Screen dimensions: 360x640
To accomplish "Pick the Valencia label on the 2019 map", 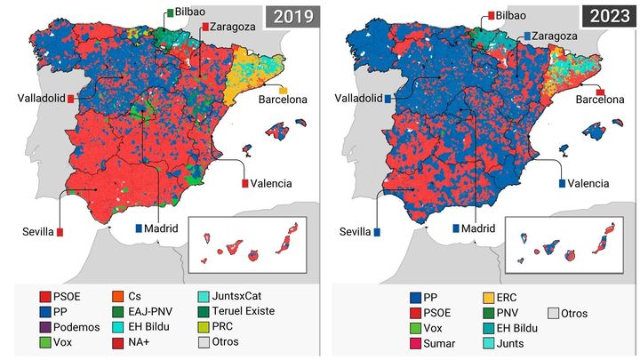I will pos(272,183).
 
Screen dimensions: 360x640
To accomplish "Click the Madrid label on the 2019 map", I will pos(160,228).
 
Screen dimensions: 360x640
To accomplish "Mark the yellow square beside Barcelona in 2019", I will pos(284,91).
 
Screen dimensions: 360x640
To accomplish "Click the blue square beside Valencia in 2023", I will pos(563,183).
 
